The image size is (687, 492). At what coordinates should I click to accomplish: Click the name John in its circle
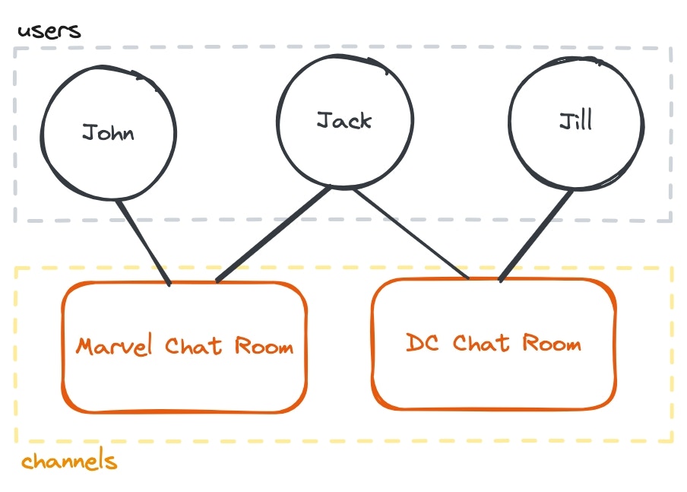108,133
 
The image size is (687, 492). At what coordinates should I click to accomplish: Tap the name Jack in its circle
343,120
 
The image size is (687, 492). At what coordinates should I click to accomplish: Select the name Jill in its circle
575,120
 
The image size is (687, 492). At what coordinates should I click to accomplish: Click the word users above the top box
49,31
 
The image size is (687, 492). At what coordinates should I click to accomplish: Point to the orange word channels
69,462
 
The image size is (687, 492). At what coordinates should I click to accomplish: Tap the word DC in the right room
422,343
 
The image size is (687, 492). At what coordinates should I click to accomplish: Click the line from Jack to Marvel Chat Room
274,234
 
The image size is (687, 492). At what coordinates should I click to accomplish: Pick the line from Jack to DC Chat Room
410,233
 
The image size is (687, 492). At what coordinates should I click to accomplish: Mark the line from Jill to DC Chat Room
537,235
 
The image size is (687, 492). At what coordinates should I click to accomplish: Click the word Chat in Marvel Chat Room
194,347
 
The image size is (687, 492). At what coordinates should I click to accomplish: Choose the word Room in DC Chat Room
551,343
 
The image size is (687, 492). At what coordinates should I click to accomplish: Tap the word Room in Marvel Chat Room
263,347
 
